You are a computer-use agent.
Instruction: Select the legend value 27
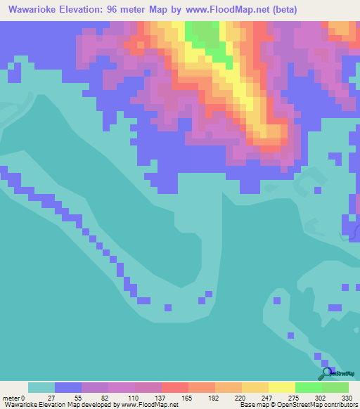point(51,397)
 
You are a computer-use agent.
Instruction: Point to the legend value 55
point(77,397)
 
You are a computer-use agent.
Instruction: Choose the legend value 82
point(104,397)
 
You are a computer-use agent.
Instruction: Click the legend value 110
point(131,397)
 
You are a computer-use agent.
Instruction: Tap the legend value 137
point(158,397)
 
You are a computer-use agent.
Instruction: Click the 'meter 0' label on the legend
point(14,397)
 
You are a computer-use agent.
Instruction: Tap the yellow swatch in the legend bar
point(281,387)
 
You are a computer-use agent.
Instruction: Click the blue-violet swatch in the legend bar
point(68,387)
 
